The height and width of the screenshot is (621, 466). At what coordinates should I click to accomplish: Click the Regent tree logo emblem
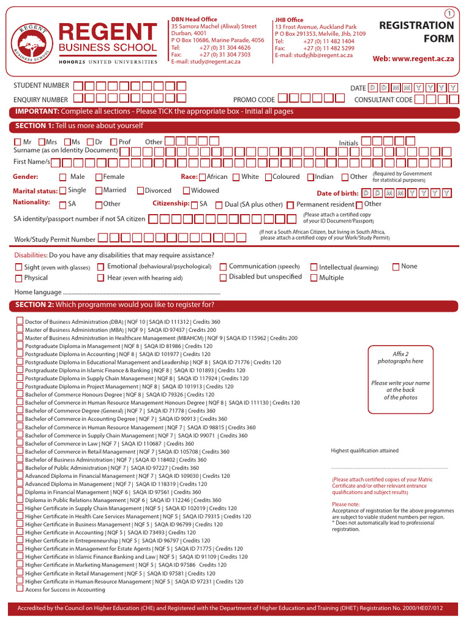(x=30, y=43)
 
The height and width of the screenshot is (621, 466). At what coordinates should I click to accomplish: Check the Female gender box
(x=99, y=177)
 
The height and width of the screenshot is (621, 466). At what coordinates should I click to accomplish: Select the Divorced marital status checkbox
(x=141, y=190)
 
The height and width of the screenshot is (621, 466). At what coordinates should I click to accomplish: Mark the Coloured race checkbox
(x=268, y=177)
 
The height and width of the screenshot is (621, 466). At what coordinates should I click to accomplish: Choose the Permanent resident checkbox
(x=290, y=205)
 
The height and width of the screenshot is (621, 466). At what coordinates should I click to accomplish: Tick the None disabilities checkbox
(x=396, y=266)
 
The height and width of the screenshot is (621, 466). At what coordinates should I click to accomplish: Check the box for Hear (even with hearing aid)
(x=101, y=278)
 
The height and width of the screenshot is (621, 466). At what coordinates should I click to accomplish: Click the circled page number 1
(x=449, y=13)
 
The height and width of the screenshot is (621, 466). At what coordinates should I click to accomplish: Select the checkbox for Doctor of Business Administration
(x=20, y=321)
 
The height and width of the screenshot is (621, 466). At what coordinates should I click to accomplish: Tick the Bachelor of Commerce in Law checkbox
(x=20, y=443)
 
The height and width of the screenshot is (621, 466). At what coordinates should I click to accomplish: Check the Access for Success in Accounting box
(x=20, y=589)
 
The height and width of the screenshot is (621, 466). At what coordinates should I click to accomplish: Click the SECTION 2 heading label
(x=35, y=304)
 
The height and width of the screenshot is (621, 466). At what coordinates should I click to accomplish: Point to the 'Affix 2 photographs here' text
(x=400, y=357)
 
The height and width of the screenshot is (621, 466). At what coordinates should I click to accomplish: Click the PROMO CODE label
(x=254, y=100)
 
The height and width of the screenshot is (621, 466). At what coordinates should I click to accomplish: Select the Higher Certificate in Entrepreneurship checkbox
(x=20, y=540)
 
